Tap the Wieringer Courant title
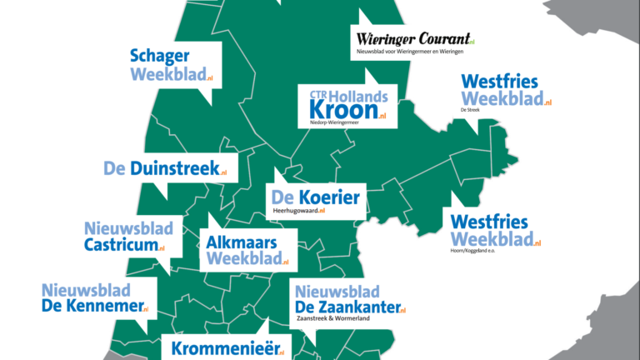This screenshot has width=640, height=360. click(412, 38)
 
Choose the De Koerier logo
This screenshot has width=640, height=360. click(315, 198)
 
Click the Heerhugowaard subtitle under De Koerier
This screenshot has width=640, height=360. click(297, 212)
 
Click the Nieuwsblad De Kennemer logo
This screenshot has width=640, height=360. click(94, 298)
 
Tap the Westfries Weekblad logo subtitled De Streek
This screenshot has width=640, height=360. click(504, 91)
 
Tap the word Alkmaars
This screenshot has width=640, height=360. click(241, 242)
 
